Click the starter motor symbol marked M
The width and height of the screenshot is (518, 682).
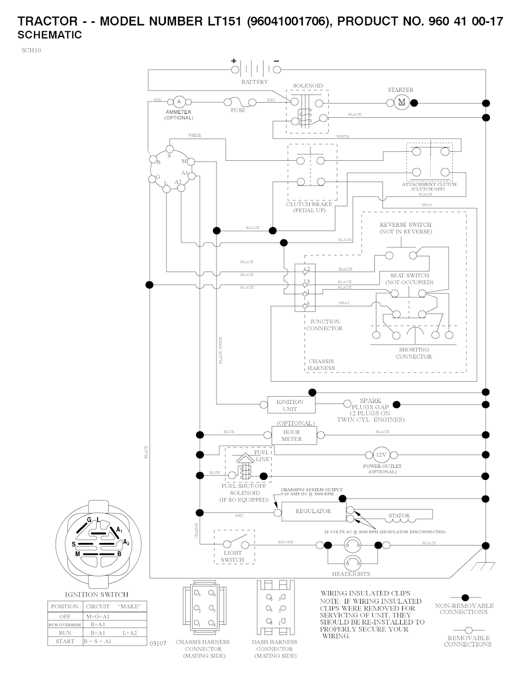click(402, 102)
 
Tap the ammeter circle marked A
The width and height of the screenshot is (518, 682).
click(178, 102)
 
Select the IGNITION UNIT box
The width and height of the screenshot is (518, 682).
click(290, 405)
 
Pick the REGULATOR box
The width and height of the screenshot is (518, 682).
click(313, 511)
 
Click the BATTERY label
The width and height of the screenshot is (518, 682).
click(254, 82)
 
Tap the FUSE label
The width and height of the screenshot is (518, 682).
click(238, 110)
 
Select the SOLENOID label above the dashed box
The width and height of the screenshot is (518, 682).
click(308, 86)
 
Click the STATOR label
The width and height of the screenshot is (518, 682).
click(399, 516)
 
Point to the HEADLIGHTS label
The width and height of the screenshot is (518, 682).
click(351, 574)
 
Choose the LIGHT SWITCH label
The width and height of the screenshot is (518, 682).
click(233, 556)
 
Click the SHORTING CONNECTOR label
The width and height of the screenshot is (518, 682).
click(414, 353)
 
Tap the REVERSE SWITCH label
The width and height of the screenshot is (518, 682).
click(406, 225)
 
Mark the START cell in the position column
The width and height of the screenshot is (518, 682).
click(65, 641)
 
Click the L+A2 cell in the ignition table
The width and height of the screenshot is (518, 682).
click(129, 632)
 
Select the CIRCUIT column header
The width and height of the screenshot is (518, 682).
click(98, 606)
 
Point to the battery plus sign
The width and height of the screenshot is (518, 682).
click(234, 61)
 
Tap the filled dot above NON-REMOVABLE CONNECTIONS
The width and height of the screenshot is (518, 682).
click(465, 598)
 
